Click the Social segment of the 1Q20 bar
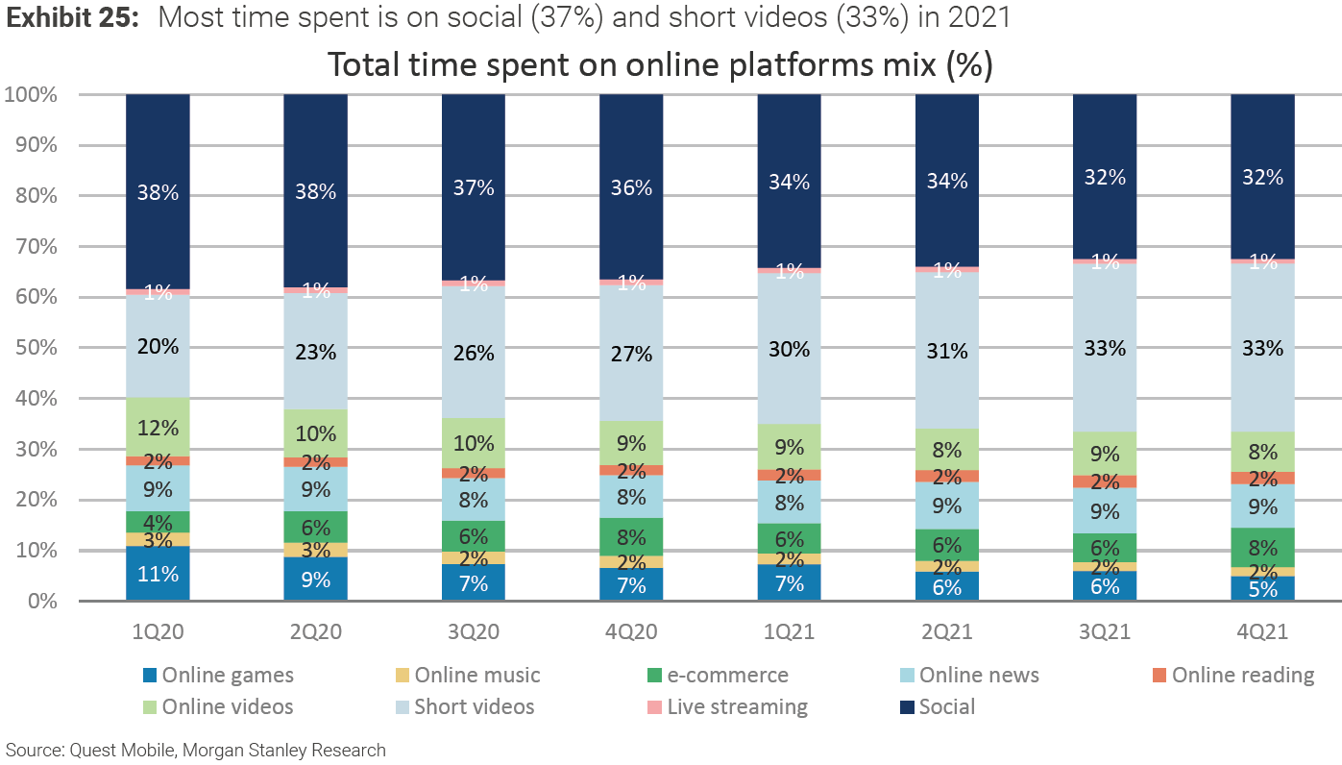pyautogui.click(x=158, y=191)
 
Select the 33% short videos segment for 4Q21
pyautogui.click(x=1262, y=347)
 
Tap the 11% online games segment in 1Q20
pyautogui.click(x=158, y=574)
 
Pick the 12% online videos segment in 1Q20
pyautogui.click(x=158, y=427)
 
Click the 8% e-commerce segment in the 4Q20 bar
pyautogui.click(x=631, y=537)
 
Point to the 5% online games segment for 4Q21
pyautogui.click(x=1262, y=588)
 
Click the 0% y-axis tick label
pyautogui.click(x=38, y=602)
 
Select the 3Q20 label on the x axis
pyautogui.click(x=474, y=631)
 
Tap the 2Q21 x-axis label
pyautogui.click(x=946, y=631)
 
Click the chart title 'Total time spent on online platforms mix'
pyautogui.click(x=659, y=65)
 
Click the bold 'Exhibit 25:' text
pyautogui.click(x=74, y=18)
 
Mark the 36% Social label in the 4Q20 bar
pyautogui.click(x=631, y=188)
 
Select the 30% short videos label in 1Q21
pyautogui.click(x=789, y=349)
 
